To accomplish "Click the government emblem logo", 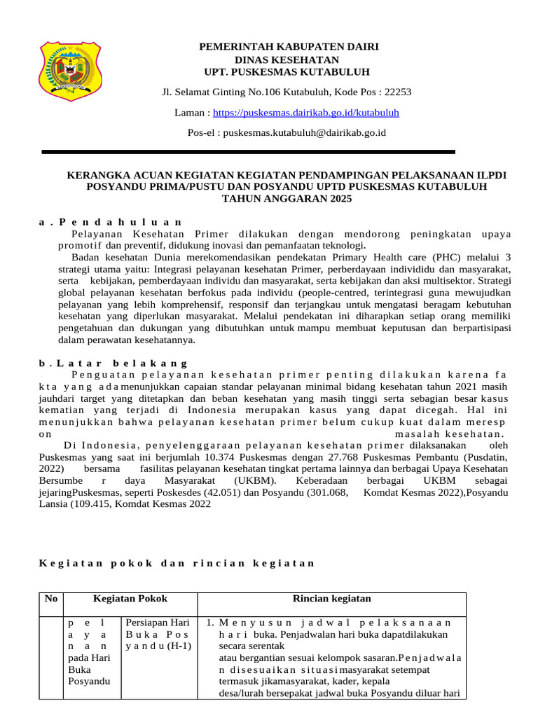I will tap(70, 71).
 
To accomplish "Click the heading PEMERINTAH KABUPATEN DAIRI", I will tap(289, 47).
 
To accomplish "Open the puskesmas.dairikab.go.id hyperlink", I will tap(305, 112).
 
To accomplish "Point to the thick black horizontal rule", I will tap(249, 151).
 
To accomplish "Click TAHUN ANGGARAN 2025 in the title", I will tap(287, 199).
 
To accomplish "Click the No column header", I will tap(50, 599).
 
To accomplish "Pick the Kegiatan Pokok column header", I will tap(130, 599).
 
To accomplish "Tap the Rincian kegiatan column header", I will tap(331, 599).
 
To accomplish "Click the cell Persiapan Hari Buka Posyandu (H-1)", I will tap(158, 634).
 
